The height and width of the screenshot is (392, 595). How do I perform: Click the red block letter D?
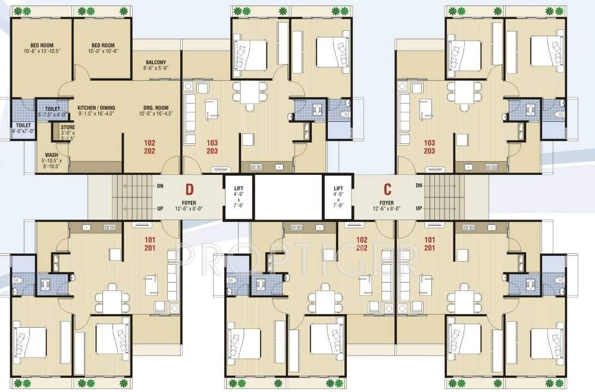(x=189, y=190)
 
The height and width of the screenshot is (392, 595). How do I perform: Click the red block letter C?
(x=387, y=189)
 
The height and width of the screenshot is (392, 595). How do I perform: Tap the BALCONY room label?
(x=155, y=62)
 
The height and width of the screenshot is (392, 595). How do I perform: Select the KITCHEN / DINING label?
(x=96, y=108)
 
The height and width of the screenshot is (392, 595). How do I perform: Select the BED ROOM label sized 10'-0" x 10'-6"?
(x=103, y=46)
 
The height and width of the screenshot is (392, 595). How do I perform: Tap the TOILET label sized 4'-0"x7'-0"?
(x=24, y=126)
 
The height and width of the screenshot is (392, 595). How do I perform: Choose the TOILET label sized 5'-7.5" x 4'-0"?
(x=52, y=109)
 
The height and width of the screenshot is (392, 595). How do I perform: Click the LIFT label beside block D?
(x=238, y=188)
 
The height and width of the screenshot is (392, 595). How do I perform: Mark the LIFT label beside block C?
(x=339, y=188)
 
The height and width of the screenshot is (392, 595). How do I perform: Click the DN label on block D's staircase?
(x=159, y=185)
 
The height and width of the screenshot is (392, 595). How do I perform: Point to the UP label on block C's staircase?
(x=419, y=208)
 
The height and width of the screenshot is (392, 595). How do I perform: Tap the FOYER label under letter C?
(x=387, y=202)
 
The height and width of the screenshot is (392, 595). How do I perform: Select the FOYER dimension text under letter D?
(x=189, y=208)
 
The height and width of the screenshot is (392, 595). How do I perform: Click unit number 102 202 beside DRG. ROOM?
(x=150, y=147)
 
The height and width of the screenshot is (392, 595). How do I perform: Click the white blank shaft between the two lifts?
(x=288, y=197)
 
